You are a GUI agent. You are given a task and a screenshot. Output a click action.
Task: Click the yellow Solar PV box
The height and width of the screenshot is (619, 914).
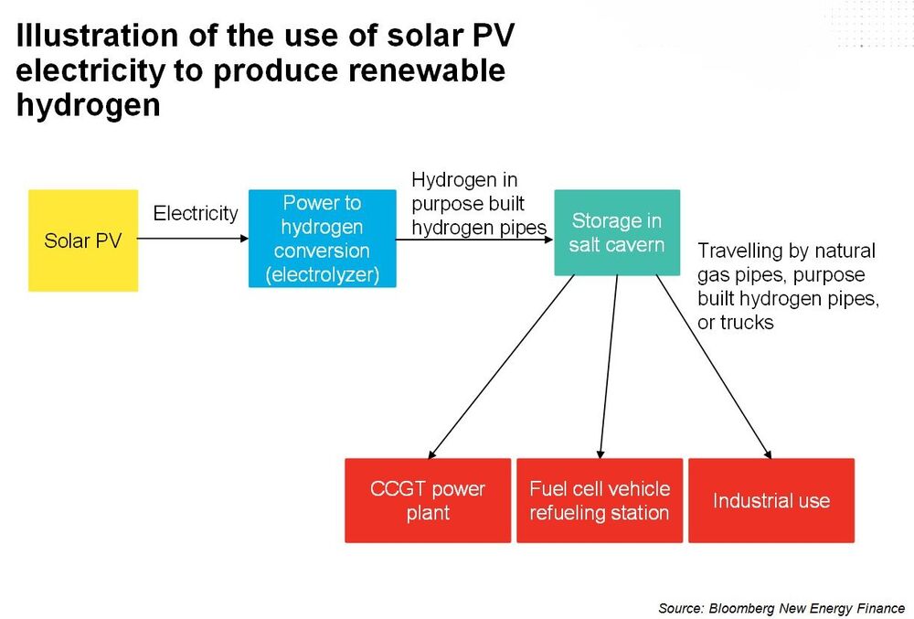(x=83, y=240)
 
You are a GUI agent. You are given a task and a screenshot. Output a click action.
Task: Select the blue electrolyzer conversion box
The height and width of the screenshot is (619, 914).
(x=323, y=239)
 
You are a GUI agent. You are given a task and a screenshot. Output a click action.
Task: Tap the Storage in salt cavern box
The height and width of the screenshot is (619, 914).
(x=617, y=232)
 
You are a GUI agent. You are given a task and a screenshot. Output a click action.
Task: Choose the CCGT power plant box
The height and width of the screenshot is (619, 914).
(x=428, y=501)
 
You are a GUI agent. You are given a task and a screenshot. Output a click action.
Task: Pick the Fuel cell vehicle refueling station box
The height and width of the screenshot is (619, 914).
(x=600, y=501)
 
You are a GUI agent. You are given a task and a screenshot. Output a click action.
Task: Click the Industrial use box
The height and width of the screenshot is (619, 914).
(x=771, y=501)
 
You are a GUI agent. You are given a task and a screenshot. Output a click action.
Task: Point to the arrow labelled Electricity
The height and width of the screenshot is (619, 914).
(x=193, y=239)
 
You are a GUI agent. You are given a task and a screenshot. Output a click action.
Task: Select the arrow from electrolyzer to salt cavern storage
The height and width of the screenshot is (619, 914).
(x=474, y=240)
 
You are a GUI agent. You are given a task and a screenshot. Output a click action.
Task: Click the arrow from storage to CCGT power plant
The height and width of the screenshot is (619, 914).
(x=501, y=368)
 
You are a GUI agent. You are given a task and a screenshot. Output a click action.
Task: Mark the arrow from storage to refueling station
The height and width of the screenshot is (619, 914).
(x=609, y=368)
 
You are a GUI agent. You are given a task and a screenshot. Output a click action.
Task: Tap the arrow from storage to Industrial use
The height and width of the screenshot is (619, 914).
(x=714, y=368)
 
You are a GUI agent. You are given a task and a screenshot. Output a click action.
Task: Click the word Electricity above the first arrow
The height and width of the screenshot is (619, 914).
(x=196, y=213)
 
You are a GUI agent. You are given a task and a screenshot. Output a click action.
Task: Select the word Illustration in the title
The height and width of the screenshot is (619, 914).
(x=97, y=35)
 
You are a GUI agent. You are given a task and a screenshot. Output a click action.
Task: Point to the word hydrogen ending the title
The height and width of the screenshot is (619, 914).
(x=88, y=105)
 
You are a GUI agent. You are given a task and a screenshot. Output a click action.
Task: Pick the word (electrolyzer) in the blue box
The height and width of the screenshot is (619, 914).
(x=323, y=274)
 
